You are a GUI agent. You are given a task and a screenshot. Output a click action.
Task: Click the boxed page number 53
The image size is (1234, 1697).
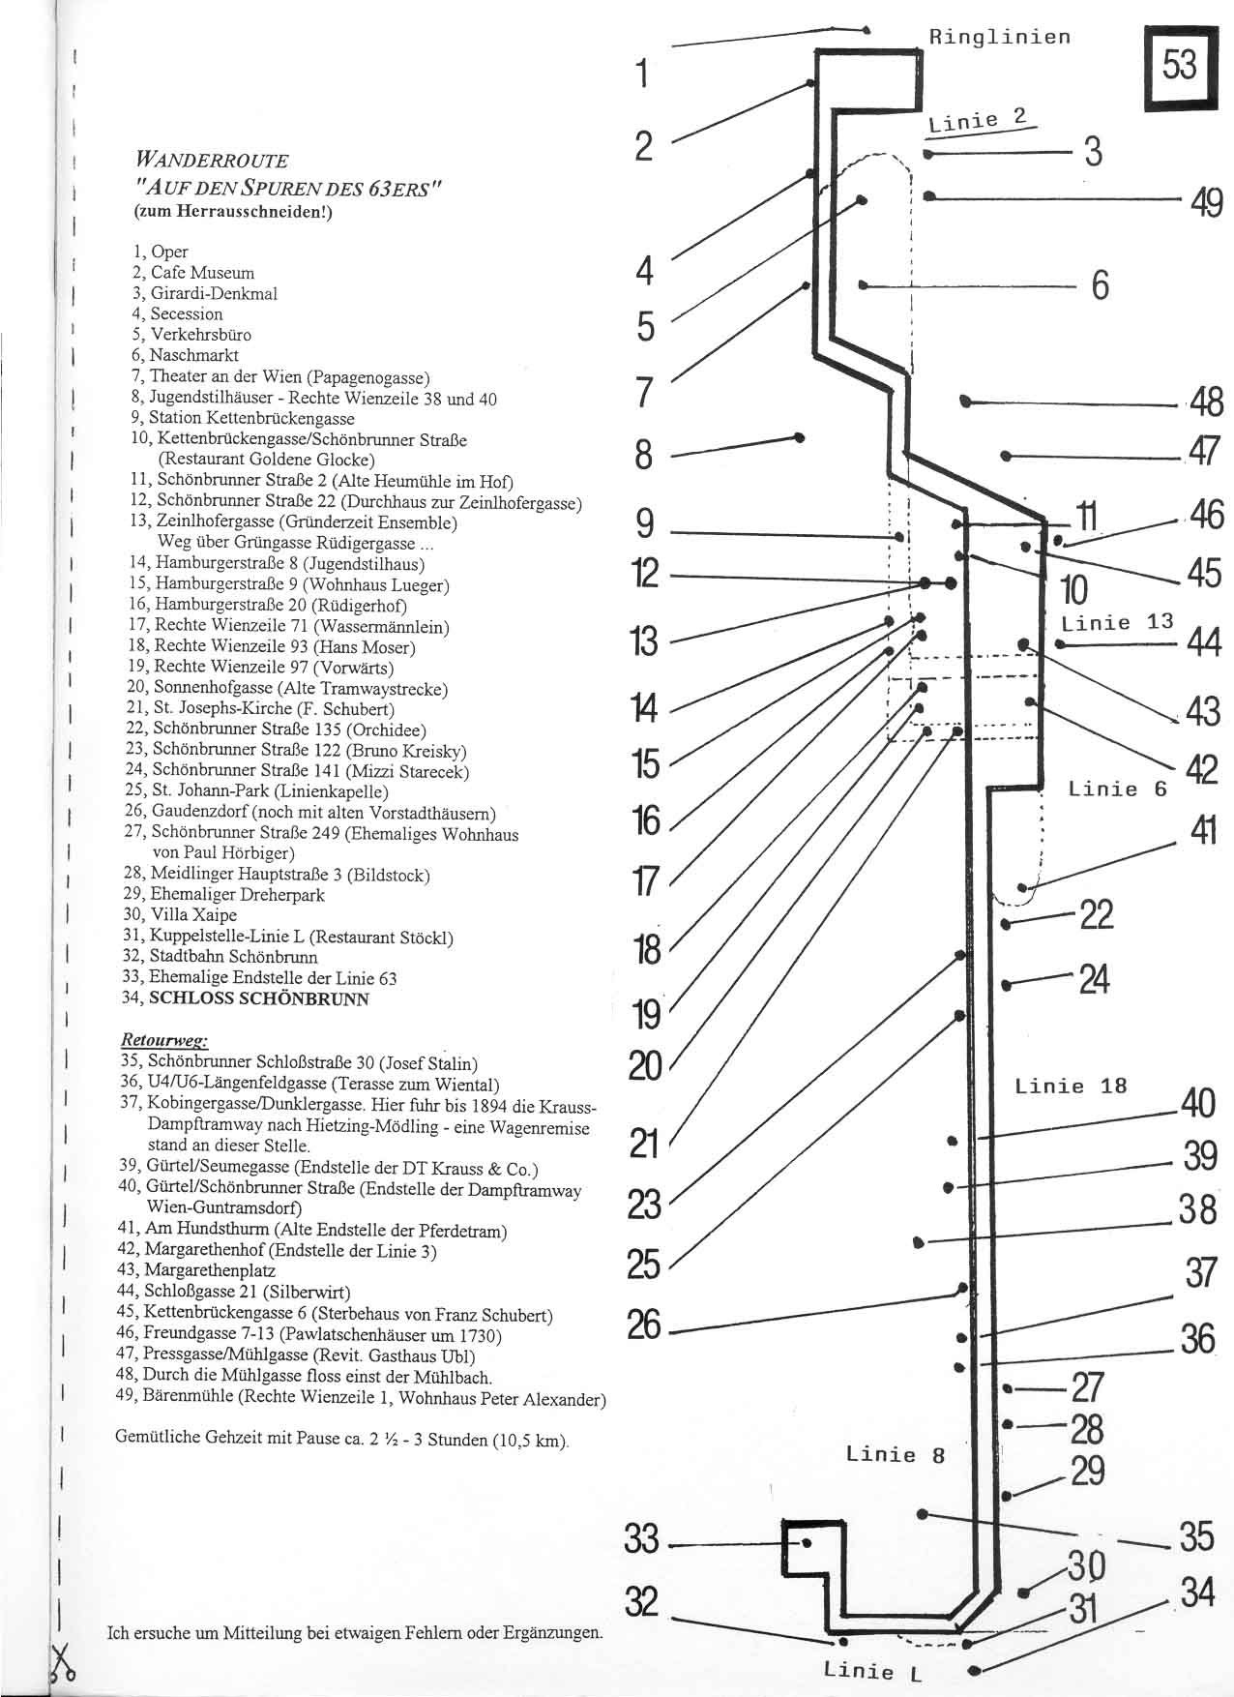coord(1179,67)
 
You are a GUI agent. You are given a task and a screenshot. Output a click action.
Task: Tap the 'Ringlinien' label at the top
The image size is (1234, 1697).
coord(1000,38)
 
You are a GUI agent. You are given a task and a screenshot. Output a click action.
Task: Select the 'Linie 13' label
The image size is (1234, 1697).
coord(1117,623)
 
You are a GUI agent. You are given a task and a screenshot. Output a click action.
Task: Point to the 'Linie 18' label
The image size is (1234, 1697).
coord(1071,1086)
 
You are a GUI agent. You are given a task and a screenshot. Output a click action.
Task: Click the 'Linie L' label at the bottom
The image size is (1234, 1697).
coord(872,1671)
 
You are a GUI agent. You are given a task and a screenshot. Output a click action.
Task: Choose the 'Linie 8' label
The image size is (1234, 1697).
coord(895,1454)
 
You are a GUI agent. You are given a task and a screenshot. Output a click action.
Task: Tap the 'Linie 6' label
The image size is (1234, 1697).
coord(1117,789)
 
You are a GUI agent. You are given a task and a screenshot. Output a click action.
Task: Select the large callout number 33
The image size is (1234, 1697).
coord(642,1538)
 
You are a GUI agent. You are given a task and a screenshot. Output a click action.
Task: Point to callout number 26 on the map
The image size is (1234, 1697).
coord(644,1325)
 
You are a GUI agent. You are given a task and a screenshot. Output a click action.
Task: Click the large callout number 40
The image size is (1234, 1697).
coord(1198,1103)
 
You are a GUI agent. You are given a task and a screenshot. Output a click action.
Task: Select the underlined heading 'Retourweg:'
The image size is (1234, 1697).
coord(162,1040)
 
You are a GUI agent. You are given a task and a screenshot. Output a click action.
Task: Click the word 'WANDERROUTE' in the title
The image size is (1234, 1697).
coord(212,160)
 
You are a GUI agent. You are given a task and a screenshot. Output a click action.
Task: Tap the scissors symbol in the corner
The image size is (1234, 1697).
coord(64,1661)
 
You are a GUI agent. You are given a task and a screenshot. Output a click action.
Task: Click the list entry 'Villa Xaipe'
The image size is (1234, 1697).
coord(193,915)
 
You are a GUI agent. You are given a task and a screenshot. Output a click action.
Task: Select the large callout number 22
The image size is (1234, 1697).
coord(1096,914)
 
